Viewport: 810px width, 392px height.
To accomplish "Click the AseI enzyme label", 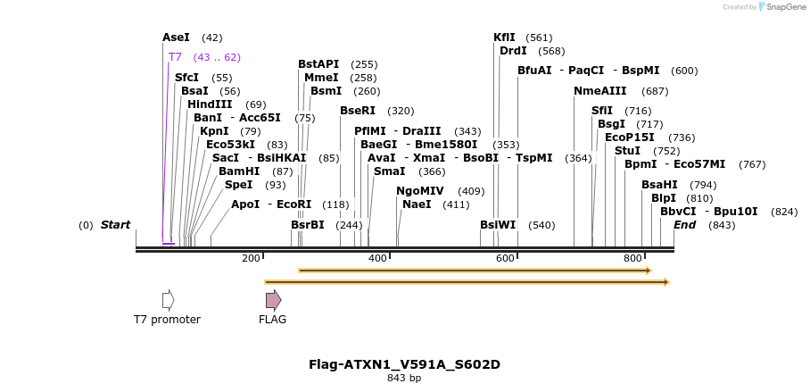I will point(176,38).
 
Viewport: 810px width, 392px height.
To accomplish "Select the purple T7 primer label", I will point(175,57).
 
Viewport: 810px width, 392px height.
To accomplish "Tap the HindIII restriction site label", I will point(210,104).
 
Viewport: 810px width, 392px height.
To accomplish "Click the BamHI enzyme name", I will point(239,171).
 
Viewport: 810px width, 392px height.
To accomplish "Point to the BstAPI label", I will point(318,64).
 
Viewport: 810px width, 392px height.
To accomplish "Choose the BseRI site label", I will point(358,111).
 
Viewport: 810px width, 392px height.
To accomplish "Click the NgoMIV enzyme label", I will point(420,191).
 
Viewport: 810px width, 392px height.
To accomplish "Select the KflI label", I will point(504,38).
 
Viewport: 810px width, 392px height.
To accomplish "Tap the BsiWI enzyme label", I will point(498,225).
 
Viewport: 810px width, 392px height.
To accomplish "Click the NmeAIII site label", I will point(600,91).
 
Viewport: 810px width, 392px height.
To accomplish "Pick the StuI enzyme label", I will point(627,151).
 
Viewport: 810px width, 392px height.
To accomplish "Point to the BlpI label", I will point(664,198).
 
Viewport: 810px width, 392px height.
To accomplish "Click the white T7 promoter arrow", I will point(168,300).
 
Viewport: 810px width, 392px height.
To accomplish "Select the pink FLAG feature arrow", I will point(273,300).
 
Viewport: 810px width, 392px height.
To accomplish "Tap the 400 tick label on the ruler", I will point(377,258).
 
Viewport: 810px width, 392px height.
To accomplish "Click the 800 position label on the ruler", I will point(632,258).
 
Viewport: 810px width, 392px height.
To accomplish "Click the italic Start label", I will point(115,225).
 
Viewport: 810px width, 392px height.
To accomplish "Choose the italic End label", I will point(684,225).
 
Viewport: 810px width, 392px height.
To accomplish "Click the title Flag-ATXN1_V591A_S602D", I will point(404,364).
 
